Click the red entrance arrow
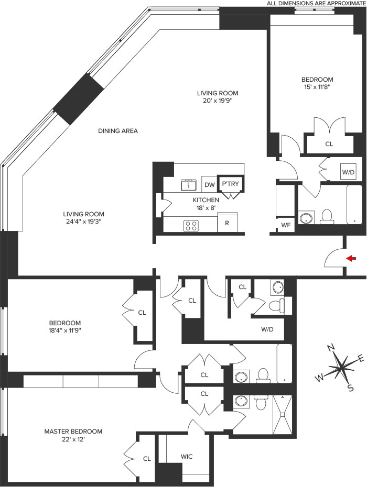[x=352, y=258]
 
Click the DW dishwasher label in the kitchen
[x=210, y=185]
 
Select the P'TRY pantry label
[x=229, y=184]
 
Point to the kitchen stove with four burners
[x=190, y=226]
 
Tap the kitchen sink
[x=188, y=184]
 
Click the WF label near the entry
[x=286, y=226]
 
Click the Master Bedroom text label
[x=73, y=431]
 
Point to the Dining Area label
[x=118, y=131]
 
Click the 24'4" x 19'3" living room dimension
[x=83, y=222]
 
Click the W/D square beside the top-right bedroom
[x=348, y=172]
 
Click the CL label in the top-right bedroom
[x=329, y=144]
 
